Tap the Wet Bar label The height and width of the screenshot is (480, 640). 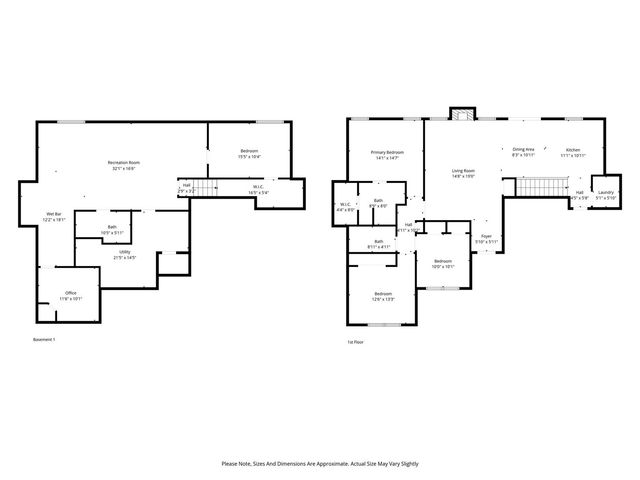tap(54, 216)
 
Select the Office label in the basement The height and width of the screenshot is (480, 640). tap(70, 295)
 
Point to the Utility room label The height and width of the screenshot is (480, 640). tap(124, 255)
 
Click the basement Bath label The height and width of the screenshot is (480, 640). tap(111, 229)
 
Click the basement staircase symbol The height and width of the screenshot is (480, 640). tap(205, 189)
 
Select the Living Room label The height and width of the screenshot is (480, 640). tap(462, 173)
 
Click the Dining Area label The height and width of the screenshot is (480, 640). tap(523, 151)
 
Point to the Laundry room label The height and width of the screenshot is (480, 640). tap(605, 197)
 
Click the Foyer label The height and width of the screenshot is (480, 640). tap(486, 238)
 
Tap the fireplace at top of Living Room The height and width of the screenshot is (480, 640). tap(461, 114)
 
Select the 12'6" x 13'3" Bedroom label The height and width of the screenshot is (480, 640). tap(382, 295)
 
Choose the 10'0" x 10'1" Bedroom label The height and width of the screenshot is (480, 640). tap(442, 264)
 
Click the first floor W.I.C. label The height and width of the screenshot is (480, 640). tap(345, 207)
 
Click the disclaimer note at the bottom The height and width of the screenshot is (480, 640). tap(320, 464)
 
